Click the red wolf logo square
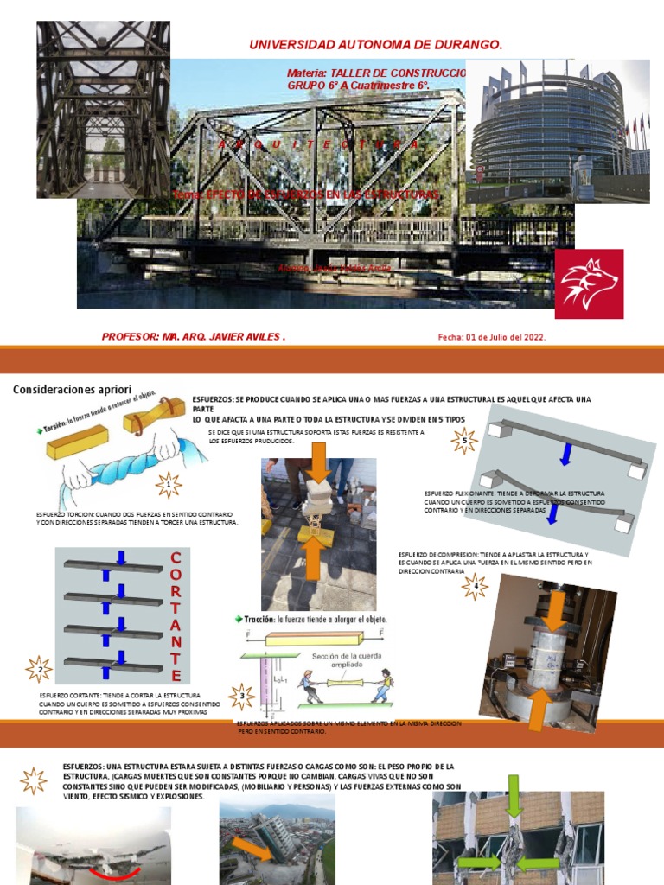(589, 284)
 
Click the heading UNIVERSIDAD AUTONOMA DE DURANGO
(375, 45)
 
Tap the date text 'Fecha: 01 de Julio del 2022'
(492, 337)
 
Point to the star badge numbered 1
(168, 485)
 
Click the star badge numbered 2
(39, 668)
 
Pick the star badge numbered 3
(242, 696)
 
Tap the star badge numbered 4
(475, 587)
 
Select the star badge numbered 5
(464, 441)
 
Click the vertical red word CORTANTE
(176, 615)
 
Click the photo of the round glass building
(558, 131)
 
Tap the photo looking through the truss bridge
(103, 109)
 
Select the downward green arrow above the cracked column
(513, 795)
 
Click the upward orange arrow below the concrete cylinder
(537, 711)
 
